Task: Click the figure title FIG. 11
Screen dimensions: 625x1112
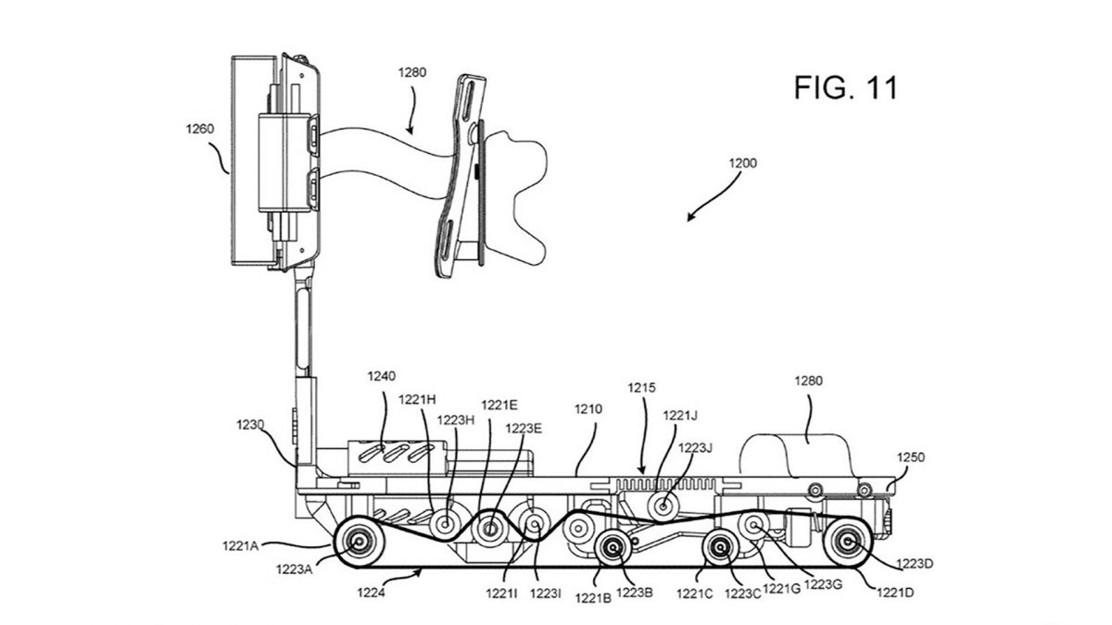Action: point(845,88)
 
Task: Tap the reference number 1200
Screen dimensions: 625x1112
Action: point(741,162)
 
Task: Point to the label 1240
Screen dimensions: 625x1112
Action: point(380,376)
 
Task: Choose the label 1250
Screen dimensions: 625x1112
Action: point(909,456)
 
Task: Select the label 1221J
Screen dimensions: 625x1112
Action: point(680,416)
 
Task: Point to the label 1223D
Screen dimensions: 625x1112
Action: point(916,561)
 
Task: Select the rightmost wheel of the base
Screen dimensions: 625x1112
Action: point(847,543)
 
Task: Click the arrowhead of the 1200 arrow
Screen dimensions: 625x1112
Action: point(689,219)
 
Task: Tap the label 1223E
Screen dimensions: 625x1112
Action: point(523,428)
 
